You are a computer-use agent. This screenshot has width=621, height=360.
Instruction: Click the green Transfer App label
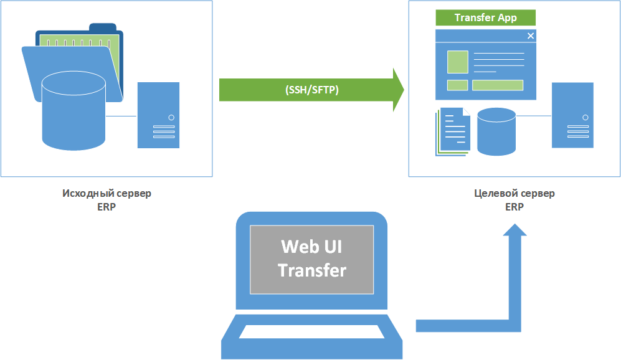tap(486, 18)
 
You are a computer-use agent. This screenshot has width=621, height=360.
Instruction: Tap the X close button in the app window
tap(531, 36)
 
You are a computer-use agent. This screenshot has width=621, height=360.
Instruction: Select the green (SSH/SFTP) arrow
tap(311, 90)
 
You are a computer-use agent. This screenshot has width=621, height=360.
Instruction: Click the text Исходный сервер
tap(107, 193)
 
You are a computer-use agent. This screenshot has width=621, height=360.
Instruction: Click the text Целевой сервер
tap(514, 193)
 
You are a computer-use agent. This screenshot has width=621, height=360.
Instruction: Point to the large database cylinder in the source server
tap(73, 111)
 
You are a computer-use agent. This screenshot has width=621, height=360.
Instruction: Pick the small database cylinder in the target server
tap(496, 131)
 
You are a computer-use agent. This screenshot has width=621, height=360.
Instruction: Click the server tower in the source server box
tap(158, 115)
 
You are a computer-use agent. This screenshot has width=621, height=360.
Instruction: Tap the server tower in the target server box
tap(572, 115)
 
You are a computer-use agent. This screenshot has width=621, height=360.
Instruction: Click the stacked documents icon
tap(453, 132)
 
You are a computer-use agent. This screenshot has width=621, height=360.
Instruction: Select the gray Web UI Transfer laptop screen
tap(311, 260)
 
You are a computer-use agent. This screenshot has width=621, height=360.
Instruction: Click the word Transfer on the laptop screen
tap(312, 270)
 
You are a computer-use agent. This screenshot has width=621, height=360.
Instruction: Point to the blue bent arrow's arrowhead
tap(515, 230)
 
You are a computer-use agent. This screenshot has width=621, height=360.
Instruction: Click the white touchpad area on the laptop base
tap(311, 332)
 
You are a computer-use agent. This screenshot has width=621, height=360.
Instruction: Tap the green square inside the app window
tap(458, 62)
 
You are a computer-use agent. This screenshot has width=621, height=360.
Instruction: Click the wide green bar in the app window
tap(498, 85)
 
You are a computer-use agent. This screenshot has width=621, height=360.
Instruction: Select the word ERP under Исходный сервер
tap(107, 207)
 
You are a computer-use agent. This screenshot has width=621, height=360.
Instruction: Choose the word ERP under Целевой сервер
tap(514, 207)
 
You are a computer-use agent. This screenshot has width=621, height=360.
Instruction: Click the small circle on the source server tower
tap(171, 118)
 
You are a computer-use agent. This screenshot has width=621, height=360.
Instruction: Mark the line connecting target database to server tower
tap(534, 116)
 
